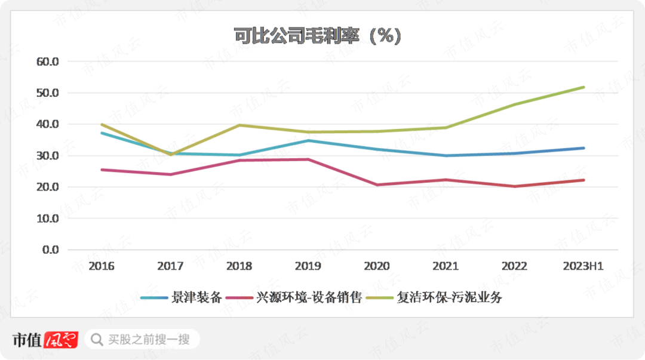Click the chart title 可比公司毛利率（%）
(317, 36)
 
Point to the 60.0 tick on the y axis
(48, 61)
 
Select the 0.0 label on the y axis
(51, 250)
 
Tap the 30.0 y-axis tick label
(48, 156)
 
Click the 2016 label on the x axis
(101, 266)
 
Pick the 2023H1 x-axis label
(583, 266)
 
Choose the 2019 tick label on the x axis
(308, 266)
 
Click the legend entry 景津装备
(182, 297)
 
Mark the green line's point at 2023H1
(583, 87)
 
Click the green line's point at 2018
(239, 125)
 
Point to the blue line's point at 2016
(102, 133)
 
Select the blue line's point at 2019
(308, 141)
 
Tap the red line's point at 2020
(377, 185)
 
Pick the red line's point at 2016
(102, 170)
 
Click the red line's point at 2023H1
(583, 180)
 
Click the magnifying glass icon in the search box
(96, 340)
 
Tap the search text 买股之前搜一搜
(149, 340)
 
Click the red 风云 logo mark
(62, 340)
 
